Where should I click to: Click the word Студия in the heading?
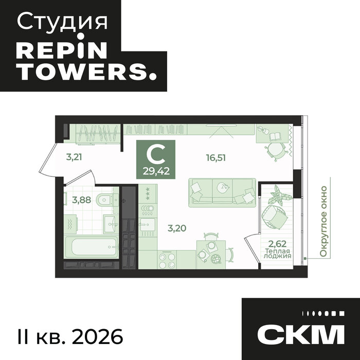(63, 22)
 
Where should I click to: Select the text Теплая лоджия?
(278, 253)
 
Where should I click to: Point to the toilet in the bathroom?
(106, 199)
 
